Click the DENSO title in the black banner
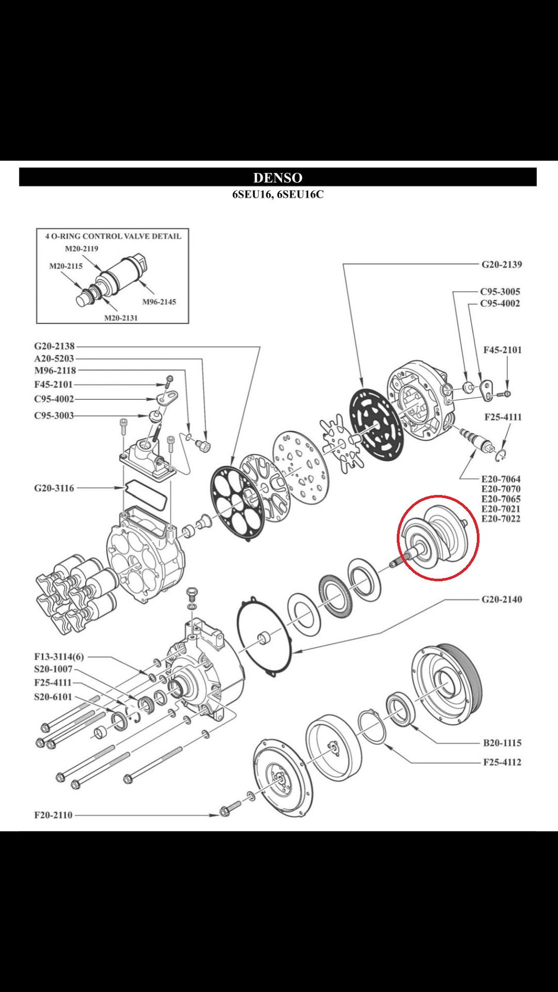point(278,178)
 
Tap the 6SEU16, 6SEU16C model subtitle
point(278,195)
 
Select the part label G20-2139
point(501,265)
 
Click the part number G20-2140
point(501,599)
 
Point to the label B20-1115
point(502,743)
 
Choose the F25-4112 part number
point(502,762)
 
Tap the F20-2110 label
point(53,815)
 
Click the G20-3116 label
point(54,488)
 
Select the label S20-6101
point(53,696)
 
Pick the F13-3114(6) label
point(59,657)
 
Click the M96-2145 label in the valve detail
point(159,302)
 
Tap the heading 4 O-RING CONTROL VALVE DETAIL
point(113,236)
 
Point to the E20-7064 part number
point(501,479)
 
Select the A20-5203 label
point(54,359)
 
